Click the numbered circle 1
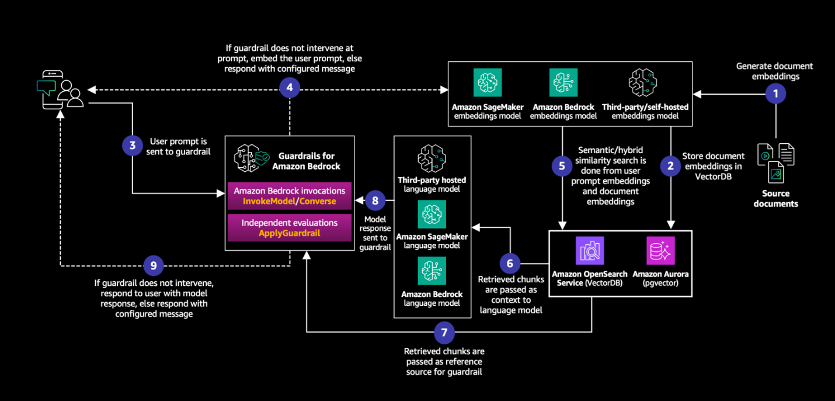[x=775, y=94]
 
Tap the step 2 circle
[x=670, y=165]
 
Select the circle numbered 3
[x=133, y=145]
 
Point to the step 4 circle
[x=290, y=89]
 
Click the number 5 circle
[x=562, y=165]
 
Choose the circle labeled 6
[x=510, y=264]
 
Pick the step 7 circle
[x=444, y=333]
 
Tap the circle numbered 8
[x=375, y=201]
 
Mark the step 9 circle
[x=154, y=265]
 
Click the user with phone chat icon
[x=60, y=89]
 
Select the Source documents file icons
[x=775, y=163]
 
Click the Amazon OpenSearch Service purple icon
[x=590, y=251]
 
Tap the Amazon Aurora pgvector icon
[x=660, y=251]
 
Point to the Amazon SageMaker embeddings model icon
[x=488, y=83]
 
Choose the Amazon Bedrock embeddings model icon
[x=563, y=83]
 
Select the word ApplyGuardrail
[x=290, y=233]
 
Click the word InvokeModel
[x=270, y=201]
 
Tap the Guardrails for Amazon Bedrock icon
[x=250, y=157]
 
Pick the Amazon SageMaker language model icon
[x=432, y=215]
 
